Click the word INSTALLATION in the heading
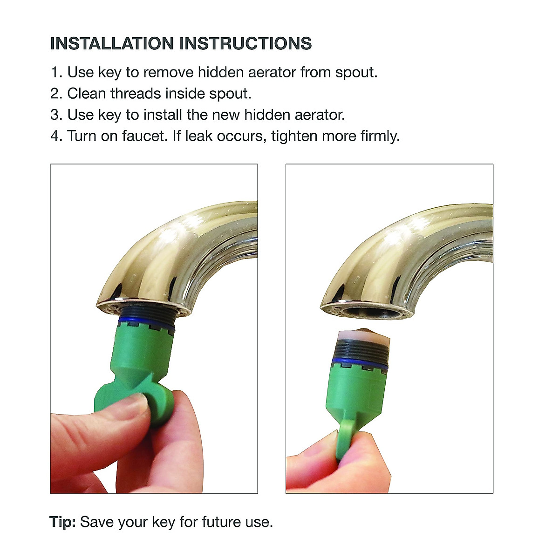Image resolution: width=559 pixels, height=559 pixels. pyautogui.click(x=112, y=43)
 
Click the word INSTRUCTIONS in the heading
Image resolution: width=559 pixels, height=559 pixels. pyautogui.click(x=245, y=43)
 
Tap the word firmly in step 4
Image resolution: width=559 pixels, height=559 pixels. pyautogui.click(x=380, y=136)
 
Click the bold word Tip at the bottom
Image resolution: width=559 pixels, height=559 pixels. pyautogui.click(x=62, y=522)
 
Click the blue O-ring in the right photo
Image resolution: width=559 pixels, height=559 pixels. pyautogui.click(x=359, y=363)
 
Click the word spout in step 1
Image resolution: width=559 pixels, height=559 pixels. pyautogui.click(x=356, y=73)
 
